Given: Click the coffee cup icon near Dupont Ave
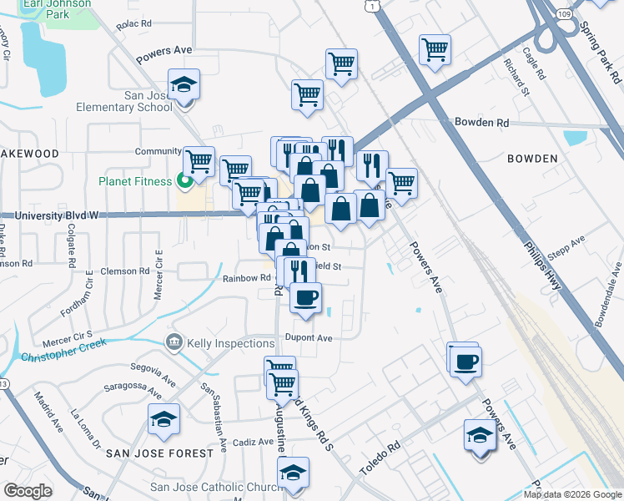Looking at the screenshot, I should (305, 297).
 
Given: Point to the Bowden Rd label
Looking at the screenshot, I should (481, 122).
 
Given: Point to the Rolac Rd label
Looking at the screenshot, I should (133, 25).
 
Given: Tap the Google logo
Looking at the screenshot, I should (28, 491).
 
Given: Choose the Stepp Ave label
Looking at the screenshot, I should (570, 246).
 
